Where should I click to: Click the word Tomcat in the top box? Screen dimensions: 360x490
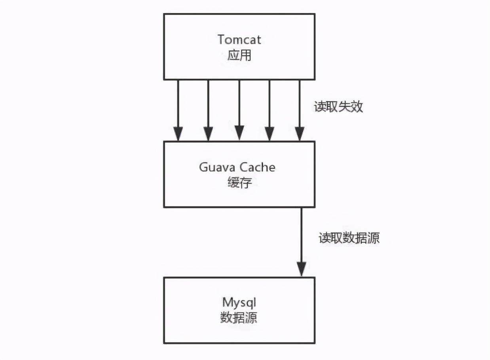tap(239, 40)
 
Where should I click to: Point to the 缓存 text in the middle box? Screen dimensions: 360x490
tap(239, 182)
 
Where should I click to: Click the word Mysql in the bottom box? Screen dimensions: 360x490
tap(239, 303)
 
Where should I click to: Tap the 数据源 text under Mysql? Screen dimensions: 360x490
tap(239, 318)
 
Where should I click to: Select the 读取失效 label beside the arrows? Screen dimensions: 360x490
tap(338, 107)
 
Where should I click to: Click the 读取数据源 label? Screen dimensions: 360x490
tap(349, 238)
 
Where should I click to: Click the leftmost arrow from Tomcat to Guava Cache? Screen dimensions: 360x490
tap(178, 107)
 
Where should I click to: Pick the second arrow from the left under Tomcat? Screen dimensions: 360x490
tap(208, 107)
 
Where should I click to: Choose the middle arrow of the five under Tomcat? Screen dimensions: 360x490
tap(239, 107)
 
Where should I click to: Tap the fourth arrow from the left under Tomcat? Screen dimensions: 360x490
tap(270, 107)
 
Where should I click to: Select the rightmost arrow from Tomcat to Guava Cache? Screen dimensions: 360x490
tap(300, 107)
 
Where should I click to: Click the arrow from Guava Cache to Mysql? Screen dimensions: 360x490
tap(302, 237)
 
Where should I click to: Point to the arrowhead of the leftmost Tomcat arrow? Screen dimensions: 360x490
tap(178, 134)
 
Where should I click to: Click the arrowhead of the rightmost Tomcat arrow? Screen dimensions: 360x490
tap(300, 134)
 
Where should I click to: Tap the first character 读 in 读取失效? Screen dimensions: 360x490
tap(320, 107)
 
